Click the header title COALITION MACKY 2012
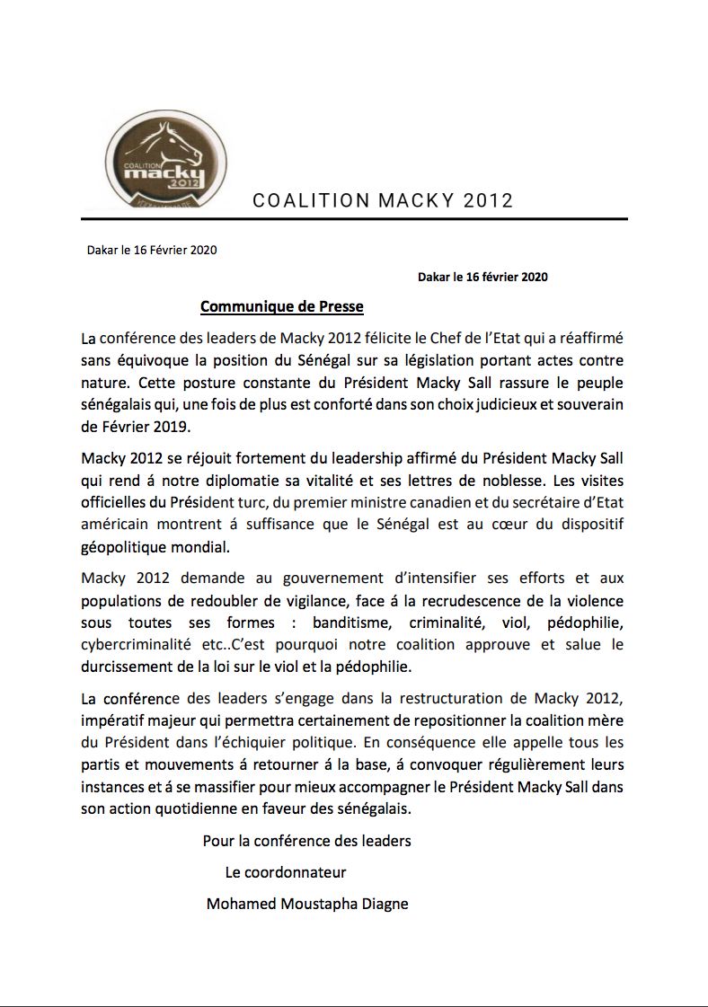click(383, 199)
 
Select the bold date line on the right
click(482, 277)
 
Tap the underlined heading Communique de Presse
click(281, 307)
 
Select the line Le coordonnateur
click(286, 872)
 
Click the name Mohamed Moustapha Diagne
click(307, 904)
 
